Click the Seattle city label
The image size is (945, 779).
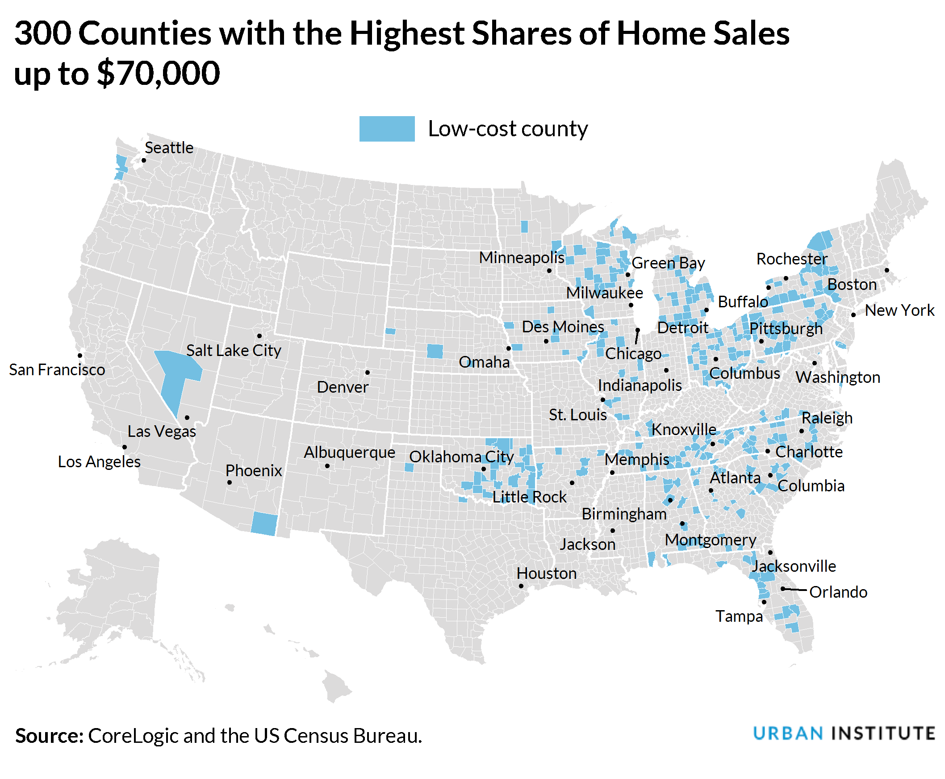169,148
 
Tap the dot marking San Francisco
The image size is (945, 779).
80,356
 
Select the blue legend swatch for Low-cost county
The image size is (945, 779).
387,129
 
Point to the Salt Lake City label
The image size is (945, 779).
233,351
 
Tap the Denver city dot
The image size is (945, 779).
368,373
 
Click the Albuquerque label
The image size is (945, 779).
350,452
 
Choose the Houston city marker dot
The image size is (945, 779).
521,586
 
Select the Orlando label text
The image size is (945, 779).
838,592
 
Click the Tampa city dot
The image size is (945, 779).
764,602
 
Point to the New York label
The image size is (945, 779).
899,310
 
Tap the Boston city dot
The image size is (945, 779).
886,270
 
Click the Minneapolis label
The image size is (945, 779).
522,258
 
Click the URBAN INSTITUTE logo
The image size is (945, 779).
844,734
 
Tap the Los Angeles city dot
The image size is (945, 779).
124,447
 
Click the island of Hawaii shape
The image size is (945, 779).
336,686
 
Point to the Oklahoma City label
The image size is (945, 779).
461,457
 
